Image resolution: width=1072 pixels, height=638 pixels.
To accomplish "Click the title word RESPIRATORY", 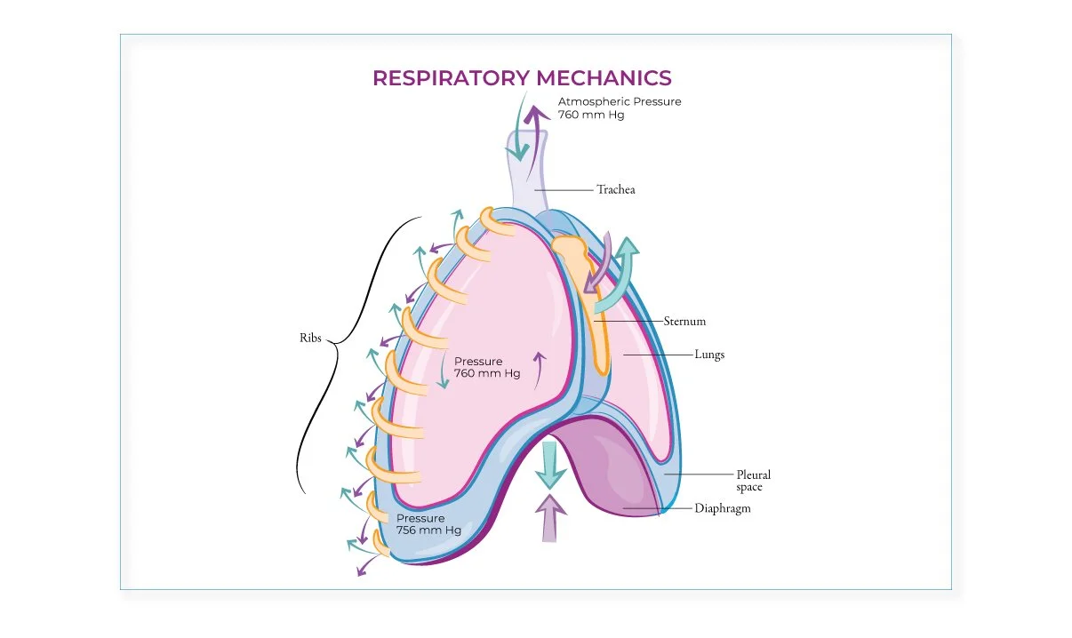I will point(446,78).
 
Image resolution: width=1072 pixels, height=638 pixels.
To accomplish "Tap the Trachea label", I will point(615,189).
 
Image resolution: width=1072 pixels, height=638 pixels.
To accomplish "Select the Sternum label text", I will point(684,321).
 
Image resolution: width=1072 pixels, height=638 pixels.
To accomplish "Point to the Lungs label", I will point(709,355).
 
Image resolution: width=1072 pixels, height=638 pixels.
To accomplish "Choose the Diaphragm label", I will point(722,509).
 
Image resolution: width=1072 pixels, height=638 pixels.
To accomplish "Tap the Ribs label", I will point(311,339).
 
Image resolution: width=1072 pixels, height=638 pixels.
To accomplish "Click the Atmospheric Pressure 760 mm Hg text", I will point(620,108).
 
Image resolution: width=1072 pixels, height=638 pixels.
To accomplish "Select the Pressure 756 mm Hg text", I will point(428,524).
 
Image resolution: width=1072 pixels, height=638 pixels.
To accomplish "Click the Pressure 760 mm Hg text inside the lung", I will point(487,368).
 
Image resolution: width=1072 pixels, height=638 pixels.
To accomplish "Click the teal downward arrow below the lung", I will point(550,465).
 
